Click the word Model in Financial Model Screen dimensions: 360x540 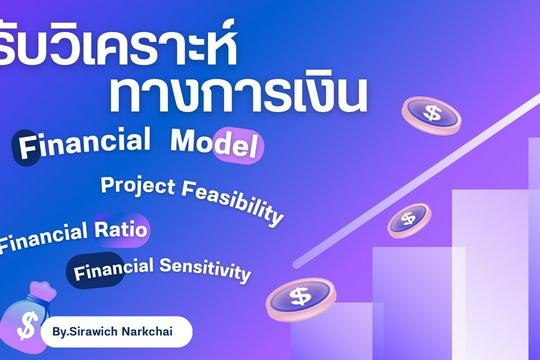[x=216, y=144]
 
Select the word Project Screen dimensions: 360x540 [x=134, y=186]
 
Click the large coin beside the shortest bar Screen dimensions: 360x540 [x=299, y=297]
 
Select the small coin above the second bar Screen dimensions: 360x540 [x=407, y=219]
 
